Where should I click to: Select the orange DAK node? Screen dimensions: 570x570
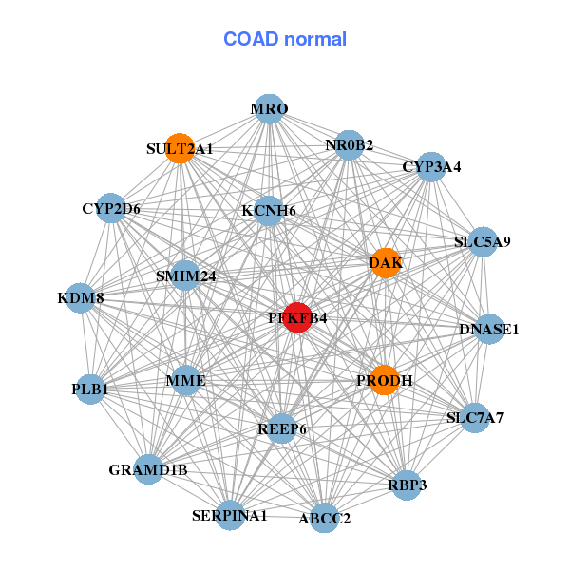(385, 263)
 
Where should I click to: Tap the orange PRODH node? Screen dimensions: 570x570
(384, 380)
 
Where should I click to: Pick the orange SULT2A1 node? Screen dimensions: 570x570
(180, 148)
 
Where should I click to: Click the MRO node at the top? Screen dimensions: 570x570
(269, 109)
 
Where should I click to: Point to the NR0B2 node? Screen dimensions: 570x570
(350, 145)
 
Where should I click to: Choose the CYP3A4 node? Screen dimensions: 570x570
(431, 167)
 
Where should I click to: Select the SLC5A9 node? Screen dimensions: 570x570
(483, 242)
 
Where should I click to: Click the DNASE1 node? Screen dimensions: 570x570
(489, 330)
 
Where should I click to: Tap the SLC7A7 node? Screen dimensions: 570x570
(475, 417)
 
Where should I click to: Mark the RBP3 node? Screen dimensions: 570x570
(407, 485)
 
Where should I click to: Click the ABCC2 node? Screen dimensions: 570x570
(324, 518)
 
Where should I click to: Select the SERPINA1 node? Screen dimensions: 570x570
(230, 515)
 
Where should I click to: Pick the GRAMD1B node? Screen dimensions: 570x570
(148, 469)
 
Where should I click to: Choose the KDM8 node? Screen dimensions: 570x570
(81, 298)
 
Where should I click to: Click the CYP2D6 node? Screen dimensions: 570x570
(111, 209)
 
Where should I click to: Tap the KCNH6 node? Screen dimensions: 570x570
(269, 211)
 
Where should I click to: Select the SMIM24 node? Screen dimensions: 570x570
(186, 276)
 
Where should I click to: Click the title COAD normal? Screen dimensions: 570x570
(285, 39)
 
